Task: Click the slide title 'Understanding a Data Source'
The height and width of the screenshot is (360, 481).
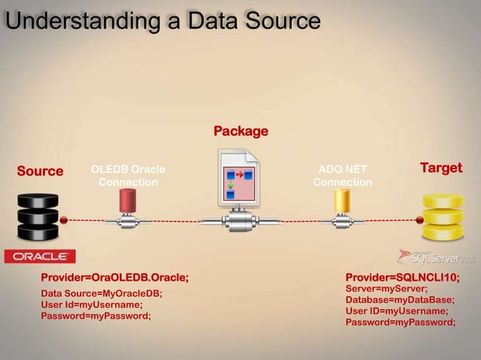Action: (162, 20)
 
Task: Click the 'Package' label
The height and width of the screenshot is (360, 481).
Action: (240, 132)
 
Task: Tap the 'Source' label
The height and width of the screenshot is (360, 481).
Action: (40, 171)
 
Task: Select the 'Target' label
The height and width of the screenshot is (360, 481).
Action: (440, 167)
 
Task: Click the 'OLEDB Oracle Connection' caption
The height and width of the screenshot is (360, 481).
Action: (128, 175)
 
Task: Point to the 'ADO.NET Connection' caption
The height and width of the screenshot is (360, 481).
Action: (342, 175)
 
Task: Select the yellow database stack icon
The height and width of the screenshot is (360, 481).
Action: (442, 217)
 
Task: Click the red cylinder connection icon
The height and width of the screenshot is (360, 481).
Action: (127, 201)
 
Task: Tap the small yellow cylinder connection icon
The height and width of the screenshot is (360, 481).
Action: (342, 201)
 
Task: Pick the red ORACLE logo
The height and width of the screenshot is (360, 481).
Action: (40, 257)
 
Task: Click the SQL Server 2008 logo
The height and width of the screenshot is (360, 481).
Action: (437, 257)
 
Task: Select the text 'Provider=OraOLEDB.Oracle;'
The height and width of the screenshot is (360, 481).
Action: (115, 277)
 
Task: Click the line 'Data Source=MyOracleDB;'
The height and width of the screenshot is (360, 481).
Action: (101, 294)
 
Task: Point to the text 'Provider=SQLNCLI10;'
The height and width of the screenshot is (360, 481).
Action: (403, 277)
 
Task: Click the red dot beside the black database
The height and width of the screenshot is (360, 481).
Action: (64, 220)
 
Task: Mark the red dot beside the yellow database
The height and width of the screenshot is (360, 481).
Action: (419, 220)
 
